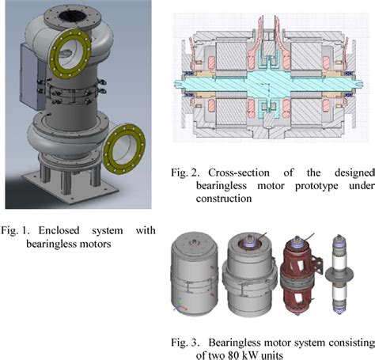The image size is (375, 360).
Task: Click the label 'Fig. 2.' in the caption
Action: pyautogui.click(x=188, y=171)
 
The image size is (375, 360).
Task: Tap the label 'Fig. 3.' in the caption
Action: pyautogui.click(x=188, y=342)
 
